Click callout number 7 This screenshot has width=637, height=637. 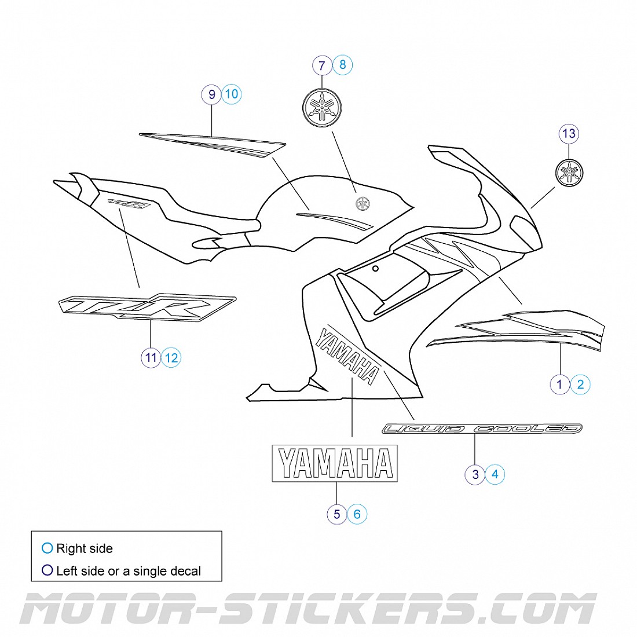(322, 65)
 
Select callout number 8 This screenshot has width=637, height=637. (342, 65)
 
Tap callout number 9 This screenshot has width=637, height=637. (212, 94)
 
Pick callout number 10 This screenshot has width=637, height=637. (232, 94)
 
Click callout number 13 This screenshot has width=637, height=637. (569, 134)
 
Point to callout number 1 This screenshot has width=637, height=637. (559, 384)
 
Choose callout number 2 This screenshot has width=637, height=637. (580, 383)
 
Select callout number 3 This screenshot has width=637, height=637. (475, 475)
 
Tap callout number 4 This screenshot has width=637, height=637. (495, 474)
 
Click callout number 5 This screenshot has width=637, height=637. (336, 514)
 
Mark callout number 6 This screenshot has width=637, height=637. (357, 514)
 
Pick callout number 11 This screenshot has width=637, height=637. (151, 358)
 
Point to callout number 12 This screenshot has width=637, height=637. (171, 357)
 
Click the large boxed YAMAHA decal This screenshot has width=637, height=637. (335, 463)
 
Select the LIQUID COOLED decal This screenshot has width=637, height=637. (482, 429)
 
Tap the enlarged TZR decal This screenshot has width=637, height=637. (148, 307)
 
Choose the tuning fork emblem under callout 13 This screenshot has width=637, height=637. (569, 172)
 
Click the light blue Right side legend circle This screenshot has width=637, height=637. (47, 548)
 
